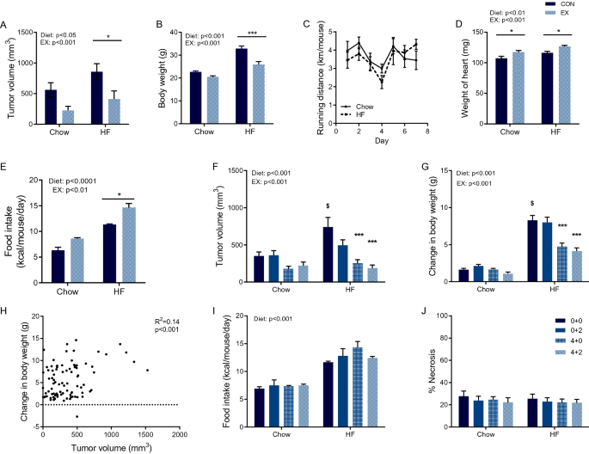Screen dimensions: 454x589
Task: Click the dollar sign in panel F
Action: [x=328, y=206]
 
